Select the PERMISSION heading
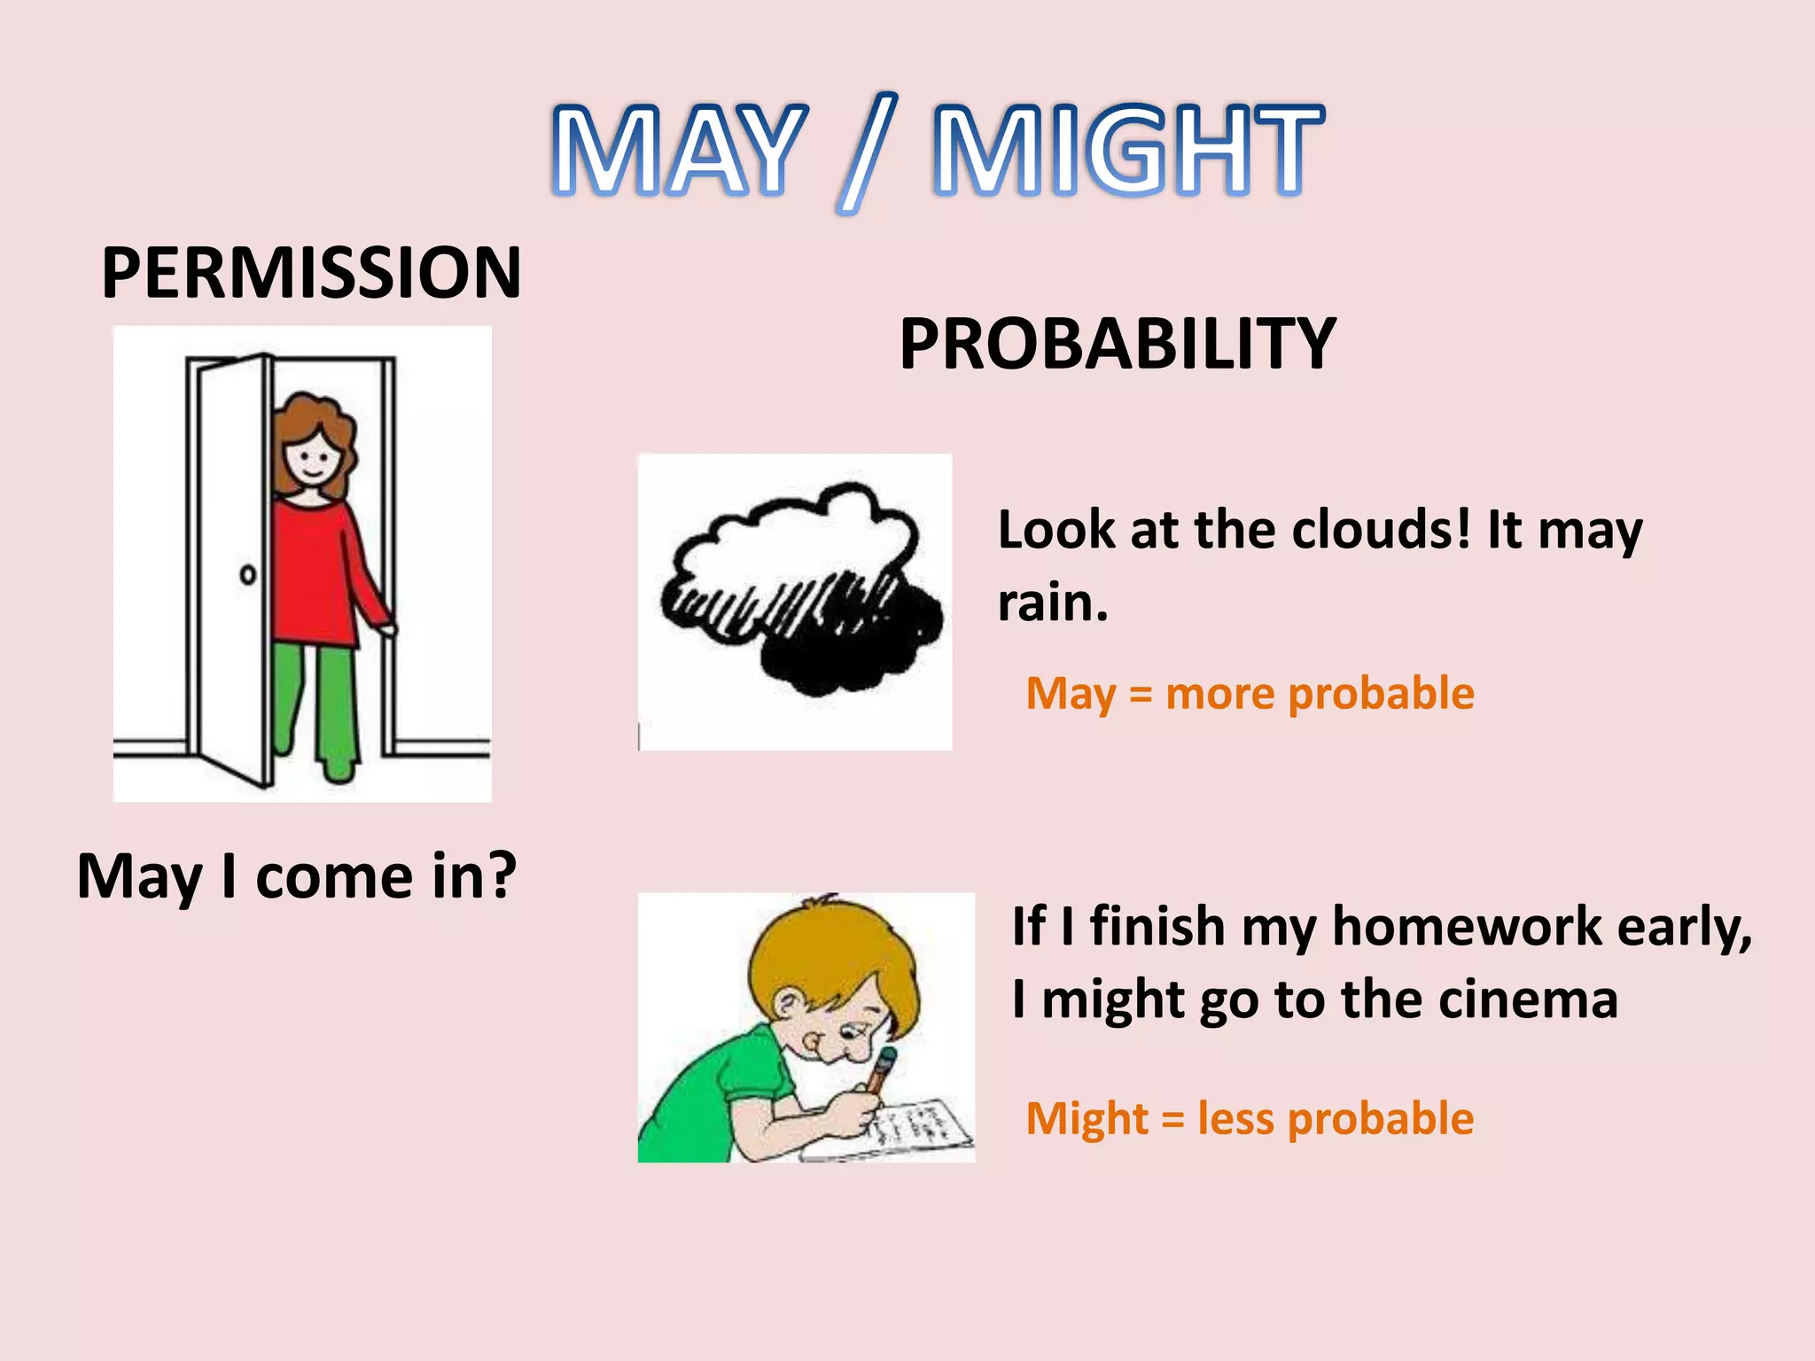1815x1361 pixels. click(x=311, y=272)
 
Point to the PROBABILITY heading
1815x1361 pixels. click(x=1117, y=344)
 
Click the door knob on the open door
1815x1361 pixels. click(x=248, y=575)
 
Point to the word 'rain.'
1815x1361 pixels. click(x=1052, y=603)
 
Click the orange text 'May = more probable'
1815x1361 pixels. click(x=1250, y=693)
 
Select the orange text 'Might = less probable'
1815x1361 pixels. click(x=1250, y=1118)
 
